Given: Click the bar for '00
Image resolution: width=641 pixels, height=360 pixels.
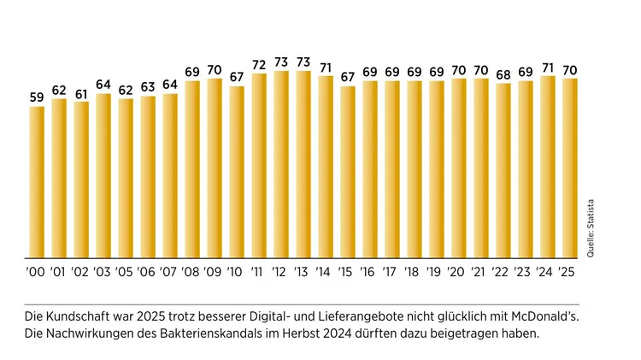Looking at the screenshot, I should [37, 181].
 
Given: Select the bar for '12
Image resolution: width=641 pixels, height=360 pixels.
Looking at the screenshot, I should [281, 163].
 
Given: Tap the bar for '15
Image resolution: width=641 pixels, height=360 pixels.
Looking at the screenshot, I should [348, 171].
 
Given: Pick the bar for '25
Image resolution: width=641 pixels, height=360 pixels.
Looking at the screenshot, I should [569, 168].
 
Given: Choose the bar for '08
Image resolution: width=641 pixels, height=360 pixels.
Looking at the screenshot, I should [192, 168].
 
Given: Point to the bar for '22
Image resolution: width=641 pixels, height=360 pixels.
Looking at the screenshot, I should [503, 170].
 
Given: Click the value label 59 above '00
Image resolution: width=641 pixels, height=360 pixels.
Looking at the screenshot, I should [37, 97].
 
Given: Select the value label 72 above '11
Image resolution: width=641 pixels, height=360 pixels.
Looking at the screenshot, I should [259, 65].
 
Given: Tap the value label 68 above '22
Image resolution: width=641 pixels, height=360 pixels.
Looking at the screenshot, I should [503, 74].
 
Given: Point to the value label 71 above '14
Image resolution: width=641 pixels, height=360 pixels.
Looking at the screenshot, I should [326, 68].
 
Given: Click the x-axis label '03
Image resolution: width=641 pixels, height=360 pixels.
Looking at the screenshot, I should [103, 273].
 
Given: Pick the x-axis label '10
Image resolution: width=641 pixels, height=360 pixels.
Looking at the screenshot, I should [237, 273].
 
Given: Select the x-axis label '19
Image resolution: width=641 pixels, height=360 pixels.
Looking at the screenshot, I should [437, 273].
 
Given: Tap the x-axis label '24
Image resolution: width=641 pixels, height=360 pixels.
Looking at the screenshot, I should [547, 273].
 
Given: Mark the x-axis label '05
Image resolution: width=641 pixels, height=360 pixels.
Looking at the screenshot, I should [126, 273].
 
